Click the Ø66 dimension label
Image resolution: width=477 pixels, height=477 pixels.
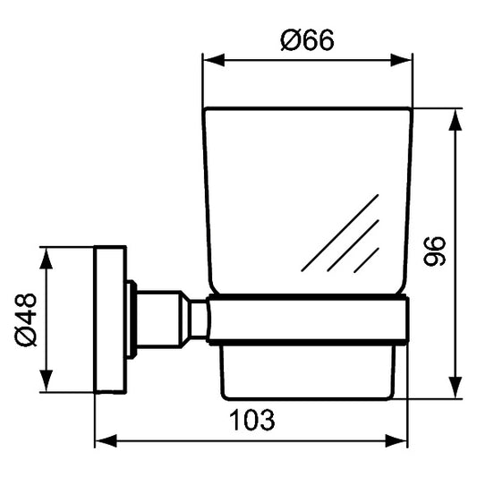click(x=307, y=40)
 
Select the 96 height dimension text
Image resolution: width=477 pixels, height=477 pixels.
click(x=434, y=253)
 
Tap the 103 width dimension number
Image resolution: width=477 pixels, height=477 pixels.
click(x=251, y=418)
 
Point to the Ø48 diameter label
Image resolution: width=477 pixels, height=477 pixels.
click(x=25, y=319)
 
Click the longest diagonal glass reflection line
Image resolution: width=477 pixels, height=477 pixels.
click(x=340, y=232)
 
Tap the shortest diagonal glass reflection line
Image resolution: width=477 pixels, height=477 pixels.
click(x=366, y=260)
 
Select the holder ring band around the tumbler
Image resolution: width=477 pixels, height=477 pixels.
click(x=309, y=319)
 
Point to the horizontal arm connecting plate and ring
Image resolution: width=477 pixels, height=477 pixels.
click(x=160, y=318)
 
